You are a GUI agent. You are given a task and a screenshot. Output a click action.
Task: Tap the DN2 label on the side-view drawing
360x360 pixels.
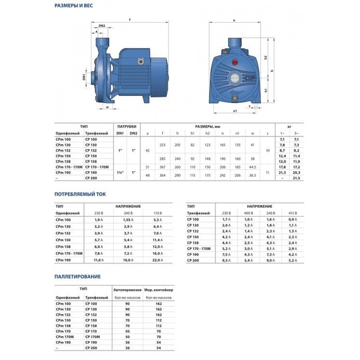(100, 26)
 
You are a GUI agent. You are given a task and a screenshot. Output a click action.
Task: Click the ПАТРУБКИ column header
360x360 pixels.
(127, 126)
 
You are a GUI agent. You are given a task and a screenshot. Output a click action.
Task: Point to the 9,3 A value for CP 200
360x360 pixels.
(227, 260)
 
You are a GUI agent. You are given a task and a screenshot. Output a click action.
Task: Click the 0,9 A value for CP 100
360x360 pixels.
(292, 219)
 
